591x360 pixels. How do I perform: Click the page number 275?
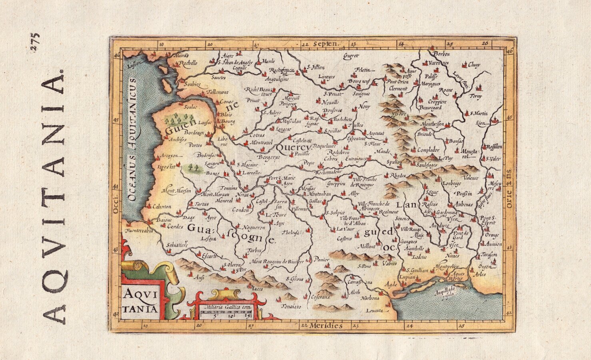[x=35, y=42]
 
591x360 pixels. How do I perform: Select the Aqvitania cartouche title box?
[x=140, y=300]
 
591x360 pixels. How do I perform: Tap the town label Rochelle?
[x=188, y=63]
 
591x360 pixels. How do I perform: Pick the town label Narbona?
[x=369, y=298]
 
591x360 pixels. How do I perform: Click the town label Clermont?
[x=398, y=88]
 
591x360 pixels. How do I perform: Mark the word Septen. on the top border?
[x=326, y=44]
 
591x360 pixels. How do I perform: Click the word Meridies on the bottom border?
[x=327, y=326]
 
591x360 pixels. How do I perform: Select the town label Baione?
[x=164, y=220]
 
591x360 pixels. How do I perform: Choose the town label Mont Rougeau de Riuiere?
[x=277, y=262]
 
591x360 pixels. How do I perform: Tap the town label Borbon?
[x=442, y=54]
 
